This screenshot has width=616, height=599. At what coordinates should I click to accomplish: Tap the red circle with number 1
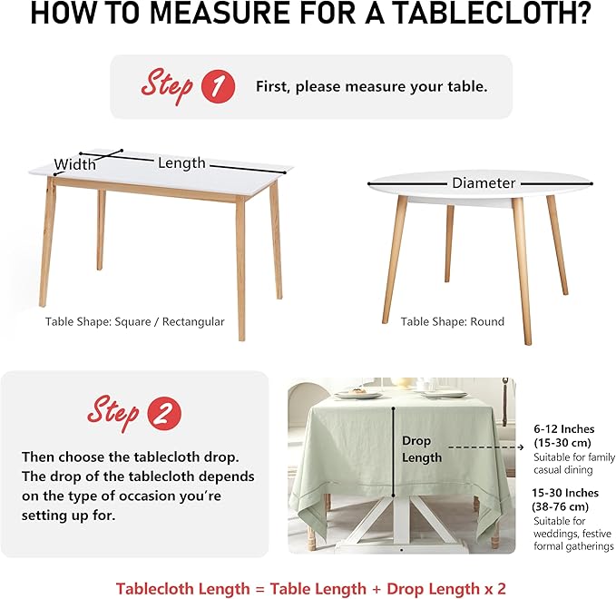[x=217, y=87]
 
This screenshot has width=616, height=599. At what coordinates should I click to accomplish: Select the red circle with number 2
[x=163, y=414]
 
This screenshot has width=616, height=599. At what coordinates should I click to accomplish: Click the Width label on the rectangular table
[x=75, y=165]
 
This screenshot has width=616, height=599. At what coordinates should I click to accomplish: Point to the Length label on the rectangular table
[x=181, y=163]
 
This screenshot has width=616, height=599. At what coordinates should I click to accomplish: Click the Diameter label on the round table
[x=484, y=183]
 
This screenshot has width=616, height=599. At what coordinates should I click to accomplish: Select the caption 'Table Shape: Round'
[x=453, y=321]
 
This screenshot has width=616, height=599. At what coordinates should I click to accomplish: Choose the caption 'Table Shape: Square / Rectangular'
[x=135, y=321]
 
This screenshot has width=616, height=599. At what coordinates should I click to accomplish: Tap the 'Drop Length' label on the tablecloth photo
[x=422, y=449]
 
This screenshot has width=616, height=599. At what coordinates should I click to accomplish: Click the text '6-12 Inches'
[x=563, y=429]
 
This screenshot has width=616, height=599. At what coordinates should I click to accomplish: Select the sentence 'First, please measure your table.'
[x=372, y=87]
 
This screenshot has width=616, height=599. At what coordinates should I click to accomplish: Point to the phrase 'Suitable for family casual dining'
[x=562, y=463]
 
